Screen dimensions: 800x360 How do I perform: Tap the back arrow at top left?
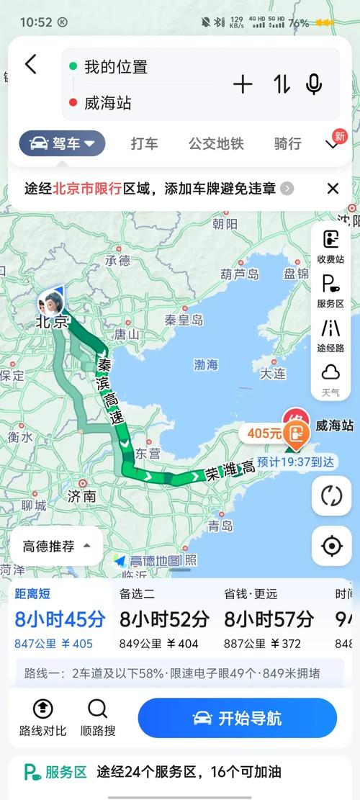(30, 65)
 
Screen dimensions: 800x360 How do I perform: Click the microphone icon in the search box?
(314, 84)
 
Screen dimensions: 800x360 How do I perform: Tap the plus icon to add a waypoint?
(243, 84)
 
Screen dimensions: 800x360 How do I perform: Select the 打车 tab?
(145, 143)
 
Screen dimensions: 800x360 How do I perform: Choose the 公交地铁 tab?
(216, 143)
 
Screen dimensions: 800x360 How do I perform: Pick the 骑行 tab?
(287, 143)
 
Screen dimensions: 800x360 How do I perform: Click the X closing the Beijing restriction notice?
(333, 189)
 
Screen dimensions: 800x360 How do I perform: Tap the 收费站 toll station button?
(330, 246)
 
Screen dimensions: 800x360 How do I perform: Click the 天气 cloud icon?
(330, 377)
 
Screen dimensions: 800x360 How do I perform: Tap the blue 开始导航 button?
(238, 718)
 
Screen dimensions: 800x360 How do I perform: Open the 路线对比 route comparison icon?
(42, 717)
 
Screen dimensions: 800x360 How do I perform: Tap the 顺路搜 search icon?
(97, 717)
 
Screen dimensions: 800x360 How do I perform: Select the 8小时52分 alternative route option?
(164, 619)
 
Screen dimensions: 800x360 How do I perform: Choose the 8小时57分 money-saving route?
(269, 619)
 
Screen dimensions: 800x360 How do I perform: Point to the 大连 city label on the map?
(273, 373)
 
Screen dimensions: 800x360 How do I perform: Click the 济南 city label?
(81, 495)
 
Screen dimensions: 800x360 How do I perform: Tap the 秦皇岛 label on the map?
(184, 320)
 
